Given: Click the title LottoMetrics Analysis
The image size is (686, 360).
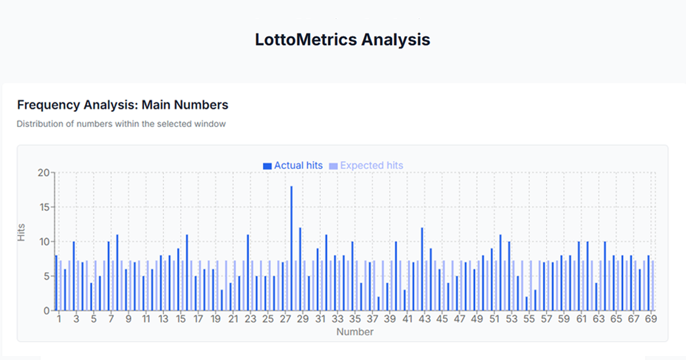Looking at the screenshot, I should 342,40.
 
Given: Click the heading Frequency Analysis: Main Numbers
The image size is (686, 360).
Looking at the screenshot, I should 123,105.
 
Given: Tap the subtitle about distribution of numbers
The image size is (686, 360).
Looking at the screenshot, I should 121,123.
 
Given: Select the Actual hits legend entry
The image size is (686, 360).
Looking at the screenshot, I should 293,165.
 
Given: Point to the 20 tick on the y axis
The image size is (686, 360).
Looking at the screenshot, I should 43,172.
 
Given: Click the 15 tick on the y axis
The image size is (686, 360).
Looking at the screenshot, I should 43,207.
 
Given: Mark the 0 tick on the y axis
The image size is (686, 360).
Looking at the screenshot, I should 46,311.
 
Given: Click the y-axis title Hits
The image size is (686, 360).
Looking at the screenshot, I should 22,236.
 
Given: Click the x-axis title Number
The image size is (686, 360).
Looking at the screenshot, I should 354,332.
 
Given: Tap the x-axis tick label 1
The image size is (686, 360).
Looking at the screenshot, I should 59,319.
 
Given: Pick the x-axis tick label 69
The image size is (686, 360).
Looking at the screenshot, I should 650,319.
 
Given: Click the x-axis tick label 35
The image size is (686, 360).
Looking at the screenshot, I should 355,319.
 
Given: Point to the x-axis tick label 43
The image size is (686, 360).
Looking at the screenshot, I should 424,319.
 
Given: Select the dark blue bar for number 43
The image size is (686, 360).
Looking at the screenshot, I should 422,269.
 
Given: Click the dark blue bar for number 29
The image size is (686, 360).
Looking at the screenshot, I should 300,269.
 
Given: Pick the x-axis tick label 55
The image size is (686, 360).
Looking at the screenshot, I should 529,319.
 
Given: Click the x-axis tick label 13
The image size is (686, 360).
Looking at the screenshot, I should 163,319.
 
